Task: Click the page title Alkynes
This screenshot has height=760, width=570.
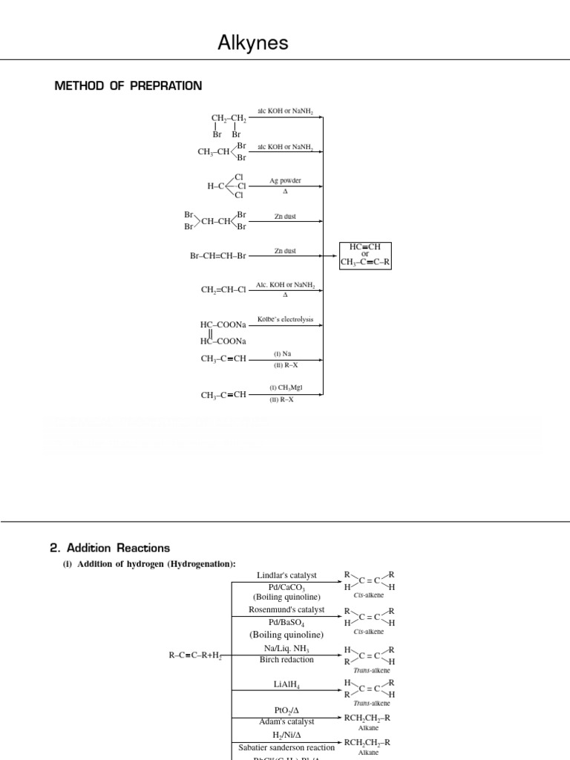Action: (x=252, y=44)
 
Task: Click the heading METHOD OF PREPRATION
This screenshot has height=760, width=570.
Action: (x=128, y=86)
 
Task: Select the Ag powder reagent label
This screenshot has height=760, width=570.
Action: (x=285, y=180)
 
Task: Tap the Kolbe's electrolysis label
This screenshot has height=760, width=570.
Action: (x=285, y=320)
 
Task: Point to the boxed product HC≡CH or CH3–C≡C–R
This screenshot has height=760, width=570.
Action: (x=365, y=255)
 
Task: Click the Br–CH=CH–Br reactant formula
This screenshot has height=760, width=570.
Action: (x=217, y=256)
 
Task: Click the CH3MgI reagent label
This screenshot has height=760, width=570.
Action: (x=286, y=388)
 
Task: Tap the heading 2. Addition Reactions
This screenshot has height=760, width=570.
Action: (x=110, y=548)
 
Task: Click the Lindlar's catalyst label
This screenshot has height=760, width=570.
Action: (x=286, y=575)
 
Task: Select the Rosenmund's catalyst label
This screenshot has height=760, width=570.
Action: (x=286, y=609)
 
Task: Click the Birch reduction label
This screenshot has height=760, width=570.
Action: (x=286, y=659)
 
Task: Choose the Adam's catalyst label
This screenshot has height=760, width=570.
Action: (x=286, y=721)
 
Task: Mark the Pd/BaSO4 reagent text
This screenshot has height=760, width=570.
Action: (x=286, y=621)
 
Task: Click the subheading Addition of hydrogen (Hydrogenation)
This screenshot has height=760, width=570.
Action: (x=148, y=564)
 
